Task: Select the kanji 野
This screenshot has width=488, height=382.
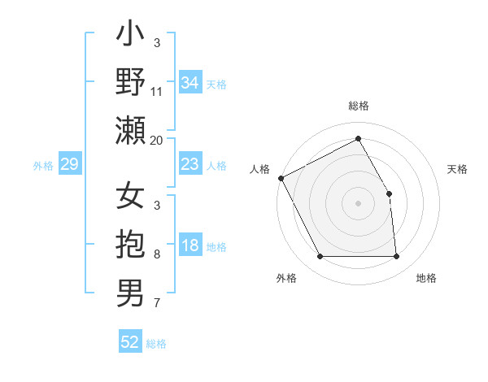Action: pos(130,84)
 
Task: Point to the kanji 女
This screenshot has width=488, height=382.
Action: pos(130,198)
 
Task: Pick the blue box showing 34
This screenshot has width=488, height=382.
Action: pos(190,83)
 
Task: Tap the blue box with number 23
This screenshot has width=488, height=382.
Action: pos(190,164)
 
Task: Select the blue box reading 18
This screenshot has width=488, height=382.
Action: pos(190,246)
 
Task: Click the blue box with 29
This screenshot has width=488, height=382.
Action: pos(69,165)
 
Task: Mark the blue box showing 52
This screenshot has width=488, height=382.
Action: pos(130,342)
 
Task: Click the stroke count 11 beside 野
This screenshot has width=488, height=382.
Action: pos(157,91)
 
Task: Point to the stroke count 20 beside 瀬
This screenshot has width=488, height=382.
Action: pos(157,140)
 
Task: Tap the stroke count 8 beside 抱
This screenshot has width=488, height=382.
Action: pos(157,254)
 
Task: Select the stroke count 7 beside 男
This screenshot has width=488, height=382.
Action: pos(157,303)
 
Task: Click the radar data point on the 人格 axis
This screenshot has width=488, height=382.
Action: pos(281,177)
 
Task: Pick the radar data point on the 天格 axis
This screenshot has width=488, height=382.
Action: pos(389,193)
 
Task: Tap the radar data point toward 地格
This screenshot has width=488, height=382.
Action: pos(396,257)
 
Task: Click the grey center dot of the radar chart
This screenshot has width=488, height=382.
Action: pos(358,203)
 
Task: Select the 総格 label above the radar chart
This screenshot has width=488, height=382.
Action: pos(358,106)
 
